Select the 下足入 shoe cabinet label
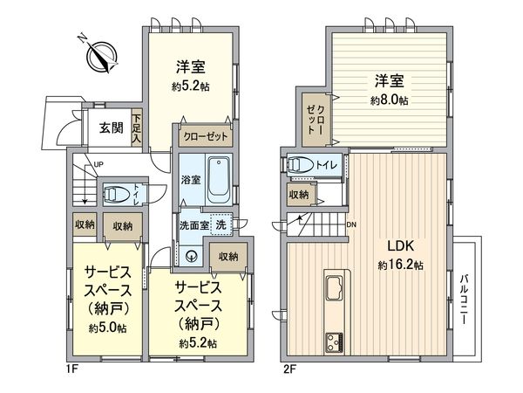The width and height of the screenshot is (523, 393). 137,128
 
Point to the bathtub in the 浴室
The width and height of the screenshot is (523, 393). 218,177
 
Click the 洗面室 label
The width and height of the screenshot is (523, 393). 194,224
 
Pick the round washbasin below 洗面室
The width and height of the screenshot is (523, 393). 194,256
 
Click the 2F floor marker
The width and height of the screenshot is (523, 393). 289,369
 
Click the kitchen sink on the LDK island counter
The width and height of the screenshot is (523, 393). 336,287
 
